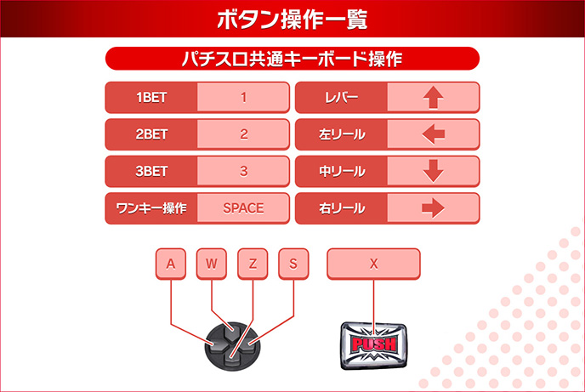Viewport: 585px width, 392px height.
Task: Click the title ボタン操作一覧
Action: pyautogui.click(x=292, y=19)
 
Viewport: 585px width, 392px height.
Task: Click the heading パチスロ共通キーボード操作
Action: pyautogui.click(x=292, y=59)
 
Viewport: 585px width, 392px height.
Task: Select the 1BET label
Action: pyautogui.click(x=151, y=98)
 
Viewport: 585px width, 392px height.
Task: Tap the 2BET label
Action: pyautogui.click(x=151, y=134)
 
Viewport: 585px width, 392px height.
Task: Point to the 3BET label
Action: pyautogui.click(x=151, y=171)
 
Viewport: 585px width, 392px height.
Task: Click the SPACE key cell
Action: pyautogui.click(x=243, y=208)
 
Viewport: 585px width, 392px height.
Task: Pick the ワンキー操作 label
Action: pyautogui.click(x=151, y=208)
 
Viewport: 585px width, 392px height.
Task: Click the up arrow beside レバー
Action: pyautogui.click(x=433, y=98)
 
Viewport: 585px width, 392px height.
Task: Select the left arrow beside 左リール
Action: pyautogui.click(x=433, y=134)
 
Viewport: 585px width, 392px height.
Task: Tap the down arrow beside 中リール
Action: pyautogui.click(x=433, y=171)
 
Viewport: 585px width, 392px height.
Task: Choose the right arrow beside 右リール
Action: pyautogui.click(x=433, y=208)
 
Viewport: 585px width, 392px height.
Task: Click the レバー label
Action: pyautogui.click(x=341, y=98)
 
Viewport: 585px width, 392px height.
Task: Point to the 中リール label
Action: pyautogui.click(x=341, y=171)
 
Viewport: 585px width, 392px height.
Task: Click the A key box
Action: pyautogui.click(x=171, y=264)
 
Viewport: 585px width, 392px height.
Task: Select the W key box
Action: pyautogui.click(x=212, y=264)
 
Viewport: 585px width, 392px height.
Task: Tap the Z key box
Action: pyautogui.click(x=253, y=264)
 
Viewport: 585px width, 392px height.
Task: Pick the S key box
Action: pyautogui.click(x=293, y=264)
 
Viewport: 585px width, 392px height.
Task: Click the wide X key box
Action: pyautogui.click(x=373, y=264)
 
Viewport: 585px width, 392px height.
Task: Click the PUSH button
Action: pyautogui.click(x=374, y=344)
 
